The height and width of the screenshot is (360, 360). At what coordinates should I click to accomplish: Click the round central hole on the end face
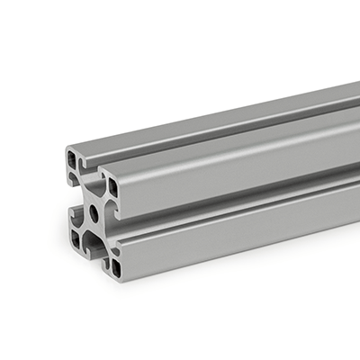[94, 214]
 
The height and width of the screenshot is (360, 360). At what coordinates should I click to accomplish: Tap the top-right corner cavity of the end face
[112, 186]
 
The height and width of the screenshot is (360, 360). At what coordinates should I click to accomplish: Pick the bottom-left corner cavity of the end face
[76, 238]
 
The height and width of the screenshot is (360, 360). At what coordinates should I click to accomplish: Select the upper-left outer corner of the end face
[67, 149]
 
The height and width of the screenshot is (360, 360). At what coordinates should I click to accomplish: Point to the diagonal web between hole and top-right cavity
[103, 201]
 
